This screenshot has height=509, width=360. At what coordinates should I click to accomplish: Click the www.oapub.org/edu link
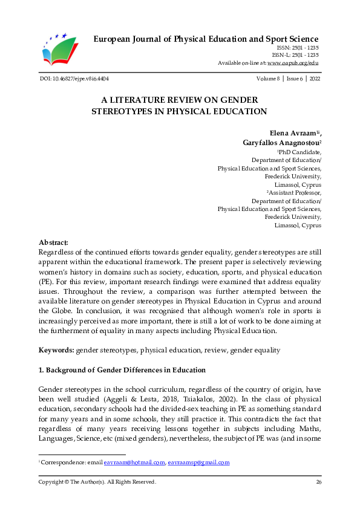tap(293, 63)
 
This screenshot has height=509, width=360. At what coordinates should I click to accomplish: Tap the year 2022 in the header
tap(315, 79)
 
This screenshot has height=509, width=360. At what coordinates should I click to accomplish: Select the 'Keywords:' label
tap(56, 350)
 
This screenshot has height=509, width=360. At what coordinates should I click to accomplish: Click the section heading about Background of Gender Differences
tap(122, 370)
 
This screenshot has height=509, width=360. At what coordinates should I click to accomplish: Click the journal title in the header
tap(206, 40)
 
